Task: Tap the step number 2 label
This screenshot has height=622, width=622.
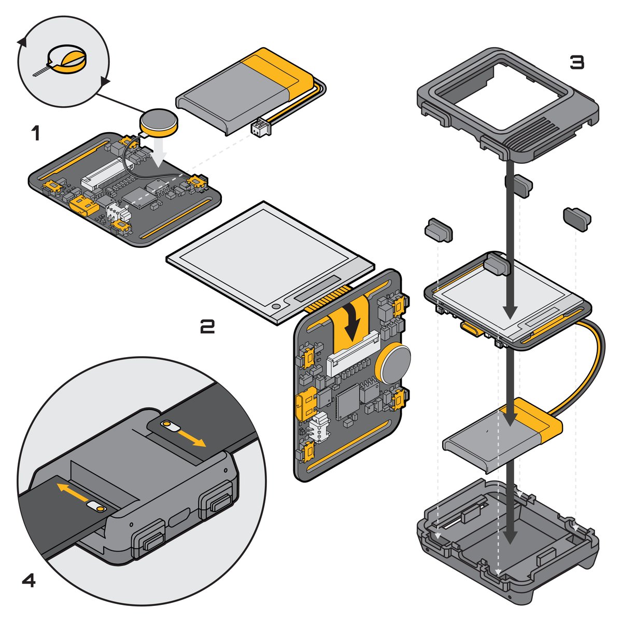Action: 207,327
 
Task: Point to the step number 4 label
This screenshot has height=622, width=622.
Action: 29,581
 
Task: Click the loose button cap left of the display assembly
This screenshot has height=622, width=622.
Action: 439,230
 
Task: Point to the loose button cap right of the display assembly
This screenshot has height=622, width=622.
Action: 577,219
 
